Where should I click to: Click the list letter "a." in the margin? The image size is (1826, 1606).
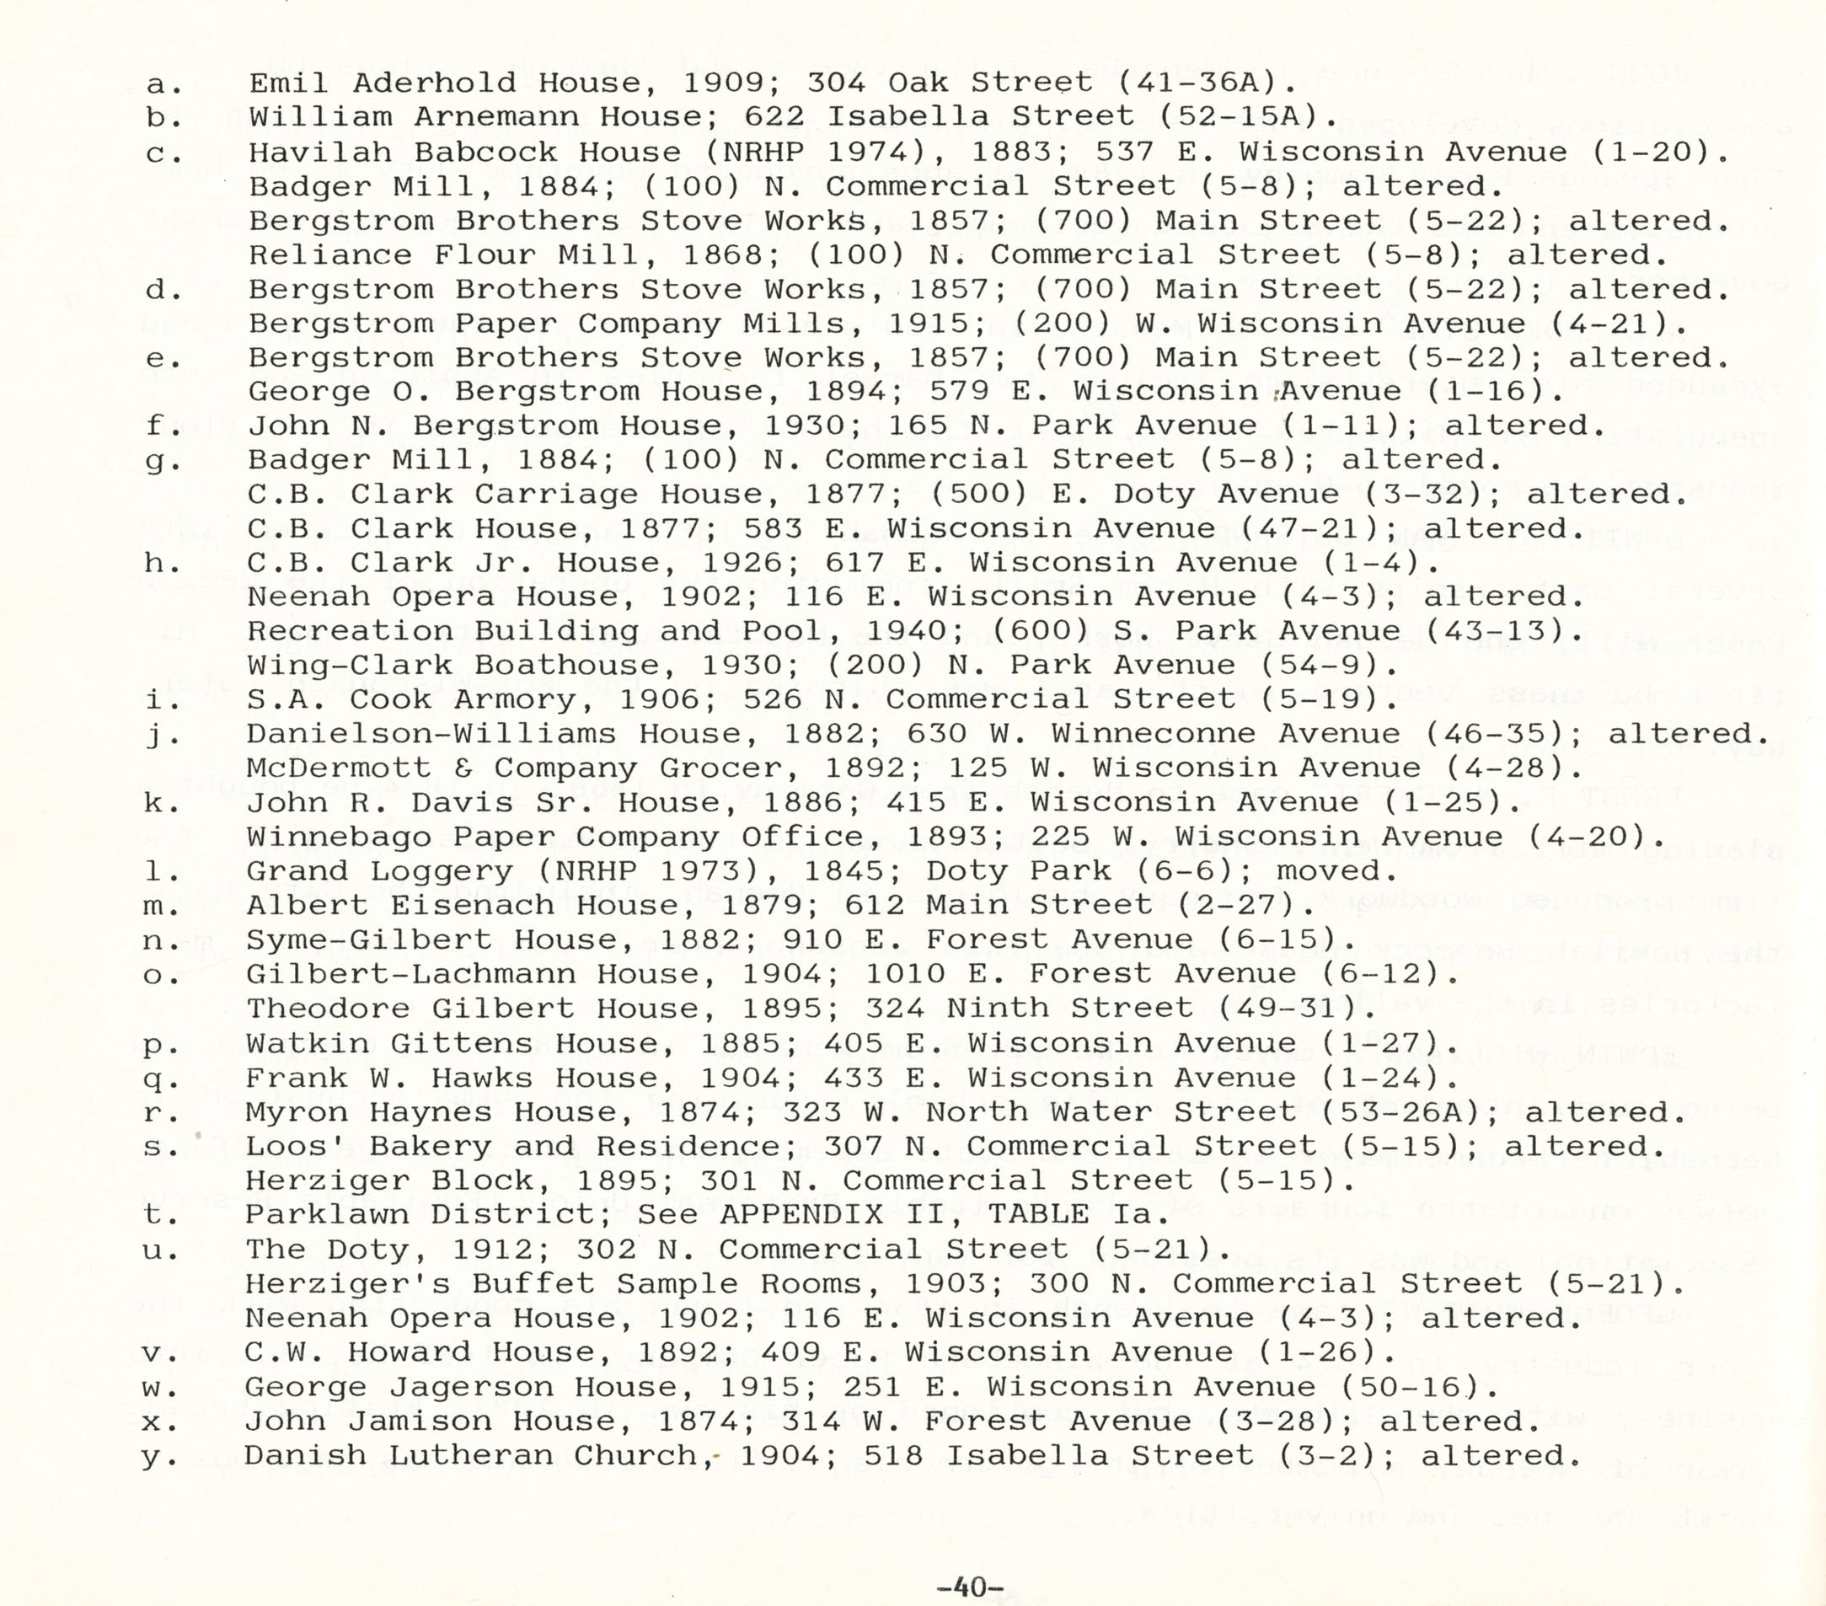click(x=162, y=84)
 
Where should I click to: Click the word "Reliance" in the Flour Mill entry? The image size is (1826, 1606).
click(x=329, y=255)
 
